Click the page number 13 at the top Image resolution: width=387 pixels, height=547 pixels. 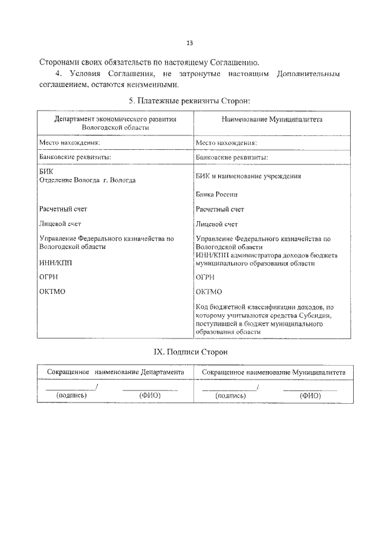coord(190,44)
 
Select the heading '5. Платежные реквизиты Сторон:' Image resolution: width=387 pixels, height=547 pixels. coord(190,100)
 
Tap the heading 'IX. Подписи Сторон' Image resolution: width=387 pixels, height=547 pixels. coord(190,352)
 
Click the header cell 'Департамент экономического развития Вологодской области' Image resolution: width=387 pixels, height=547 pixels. coord(115,124)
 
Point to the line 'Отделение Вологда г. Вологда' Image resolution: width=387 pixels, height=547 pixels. coord(87,180)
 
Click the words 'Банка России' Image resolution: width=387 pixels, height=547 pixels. coord(216,195)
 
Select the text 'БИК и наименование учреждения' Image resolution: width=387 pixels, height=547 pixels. coord(249,176)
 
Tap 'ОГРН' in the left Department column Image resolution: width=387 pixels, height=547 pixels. coord(49,277)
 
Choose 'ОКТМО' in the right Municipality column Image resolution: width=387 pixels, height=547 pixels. coord(209,292)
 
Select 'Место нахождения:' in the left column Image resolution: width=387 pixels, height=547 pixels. coord(69,143)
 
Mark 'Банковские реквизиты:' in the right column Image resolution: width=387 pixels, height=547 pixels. coord(232,157)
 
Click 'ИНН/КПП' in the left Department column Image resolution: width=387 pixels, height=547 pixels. coord(53,262)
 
